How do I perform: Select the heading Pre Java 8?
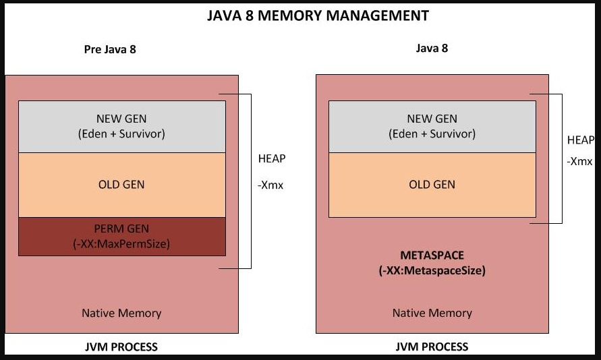click(110, 49)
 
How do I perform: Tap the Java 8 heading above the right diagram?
click(432, 49)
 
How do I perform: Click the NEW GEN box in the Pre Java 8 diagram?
click(121, 126)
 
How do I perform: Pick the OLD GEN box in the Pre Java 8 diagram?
click(121, 185)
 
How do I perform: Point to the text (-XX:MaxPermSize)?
click(121, 243)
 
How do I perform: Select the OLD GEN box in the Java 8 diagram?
click(432, 185)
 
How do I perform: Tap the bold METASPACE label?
click(432, 256)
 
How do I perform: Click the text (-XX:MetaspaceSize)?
click(432, 271)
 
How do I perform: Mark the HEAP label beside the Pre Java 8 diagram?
click(272, 159)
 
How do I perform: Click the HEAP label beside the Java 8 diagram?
click(581, 140)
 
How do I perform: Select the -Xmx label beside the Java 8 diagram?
click(579, 162)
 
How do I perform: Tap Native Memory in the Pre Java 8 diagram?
click(121, 313)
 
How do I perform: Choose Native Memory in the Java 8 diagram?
click(432, 313)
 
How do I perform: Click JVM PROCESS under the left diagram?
click(121, 347)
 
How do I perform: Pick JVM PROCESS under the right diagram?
click(432, 347)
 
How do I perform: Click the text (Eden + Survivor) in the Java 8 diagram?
click(432, 133)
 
